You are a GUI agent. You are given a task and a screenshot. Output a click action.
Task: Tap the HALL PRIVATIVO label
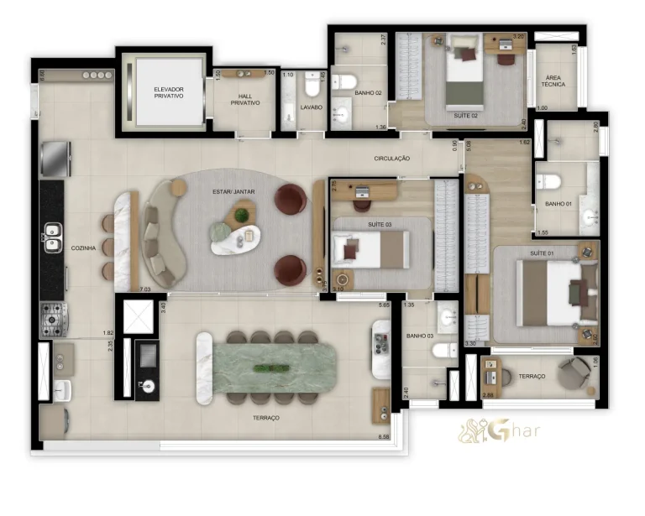(244, 99)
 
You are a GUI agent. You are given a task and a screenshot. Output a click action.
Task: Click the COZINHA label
(83, 248)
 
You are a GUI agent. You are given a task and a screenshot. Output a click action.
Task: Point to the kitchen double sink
(52, 237)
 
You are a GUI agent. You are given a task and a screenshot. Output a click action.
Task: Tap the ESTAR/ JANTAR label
(233, 192)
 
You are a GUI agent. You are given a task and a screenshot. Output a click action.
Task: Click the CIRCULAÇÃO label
(391, 158)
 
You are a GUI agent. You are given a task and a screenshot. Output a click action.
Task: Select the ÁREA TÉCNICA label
(554, 81)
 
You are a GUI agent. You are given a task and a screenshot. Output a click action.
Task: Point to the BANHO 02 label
(369, 93)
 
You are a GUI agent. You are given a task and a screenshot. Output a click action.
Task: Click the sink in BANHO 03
(446, 318)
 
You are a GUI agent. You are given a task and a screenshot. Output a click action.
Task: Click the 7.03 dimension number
(144, 289)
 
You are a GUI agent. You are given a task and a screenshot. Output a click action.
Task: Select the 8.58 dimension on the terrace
(384, 437)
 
